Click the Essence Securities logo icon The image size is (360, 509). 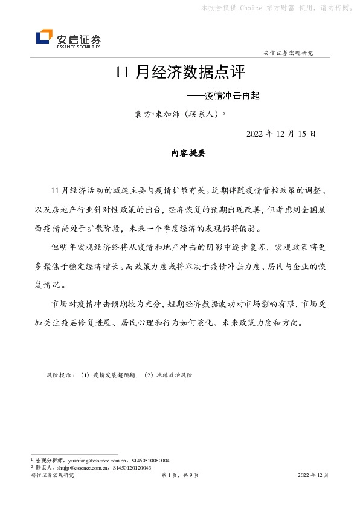coord(44,37)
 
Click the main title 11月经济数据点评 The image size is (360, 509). coord(180,74)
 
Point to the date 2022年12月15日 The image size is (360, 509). coord(281,134)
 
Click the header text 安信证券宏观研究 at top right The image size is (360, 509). coord(289,53)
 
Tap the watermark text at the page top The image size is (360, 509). coord(277,8)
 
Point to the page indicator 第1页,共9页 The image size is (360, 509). coord(180,476)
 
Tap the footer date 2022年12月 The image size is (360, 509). coord(313,476)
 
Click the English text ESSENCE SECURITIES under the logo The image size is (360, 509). coord(79,45)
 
